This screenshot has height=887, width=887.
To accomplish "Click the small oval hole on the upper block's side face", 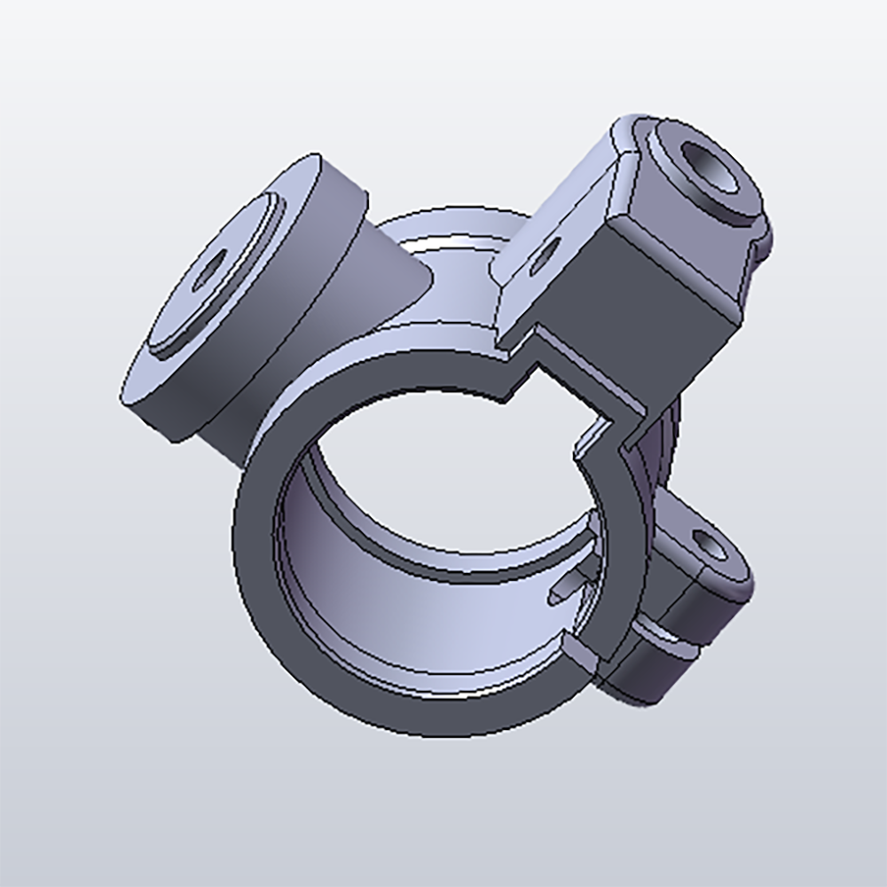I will [543, 253].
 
